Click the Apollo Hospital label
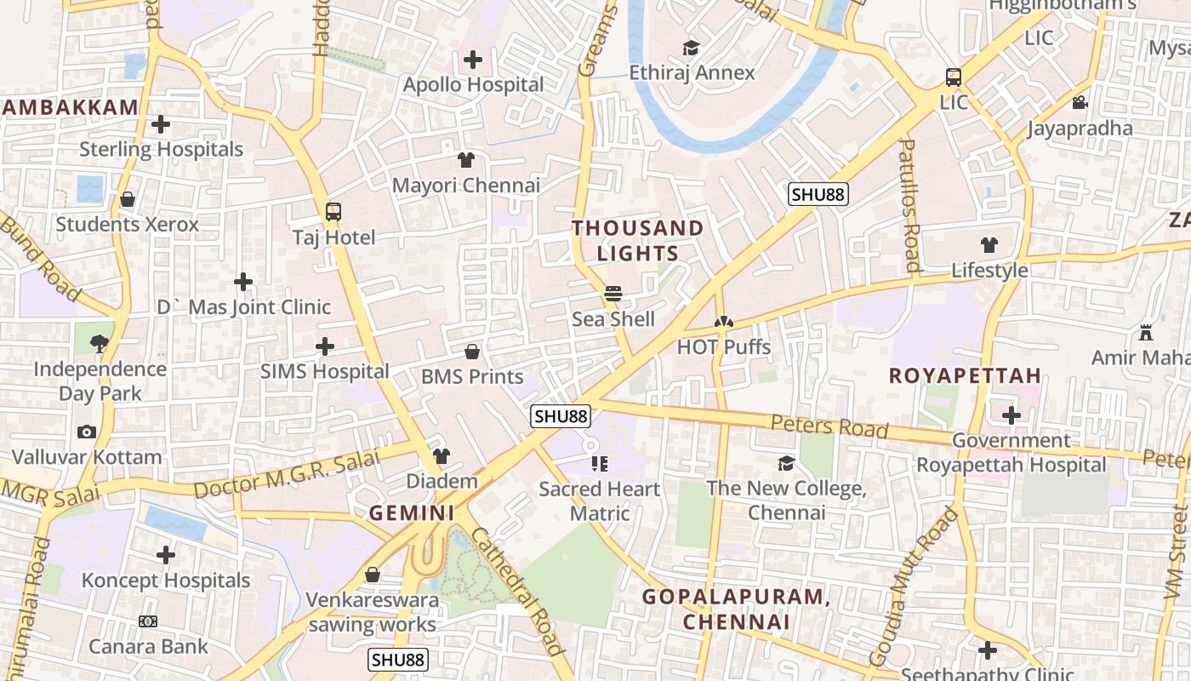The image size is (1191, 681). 473,84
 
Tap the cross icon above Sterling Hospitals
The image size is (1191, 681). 161,125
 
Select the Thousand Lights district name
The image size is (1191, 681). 637,240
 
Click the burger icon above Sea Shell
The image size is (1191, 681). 613,295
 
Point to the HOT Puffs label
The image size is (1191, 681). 723,347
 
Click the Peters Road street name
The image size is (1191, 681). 829,426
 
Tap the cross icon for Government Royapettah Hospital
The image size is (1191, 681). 1011,415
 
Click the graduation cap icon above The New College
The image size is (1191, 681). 786,464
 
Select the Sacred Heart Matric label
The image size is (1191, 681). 600,501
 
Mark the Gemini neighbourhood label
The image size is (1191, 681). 412,512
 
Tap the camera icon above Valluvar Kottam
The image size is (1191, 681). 87,432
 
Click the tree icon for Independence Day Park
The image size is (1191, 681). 100,344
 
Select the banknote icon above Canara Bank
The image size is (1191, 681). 148,621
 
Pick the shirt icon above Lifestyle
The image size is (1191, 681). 989,246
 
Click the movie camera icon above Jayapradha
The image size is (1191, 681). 1080,103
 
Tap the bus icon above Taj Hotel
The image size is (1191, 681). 333,212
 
